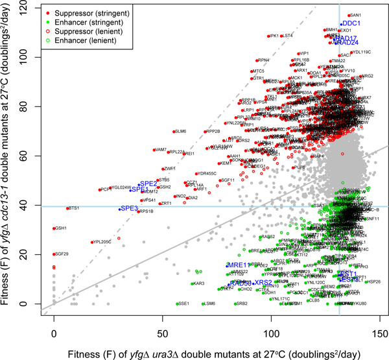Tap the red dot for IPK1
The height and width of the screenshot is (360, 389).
[x=266, y=36]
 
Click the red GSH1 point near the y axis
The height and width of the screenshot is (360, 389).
[x=54, y=228]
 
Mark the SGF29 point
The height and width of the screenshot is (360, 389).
[x=54, y=254]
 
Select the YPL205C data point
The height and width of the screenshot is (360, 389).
[x=91, y=242]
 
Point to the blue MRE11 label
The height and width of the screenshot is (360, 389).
[x=239, y=265]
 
